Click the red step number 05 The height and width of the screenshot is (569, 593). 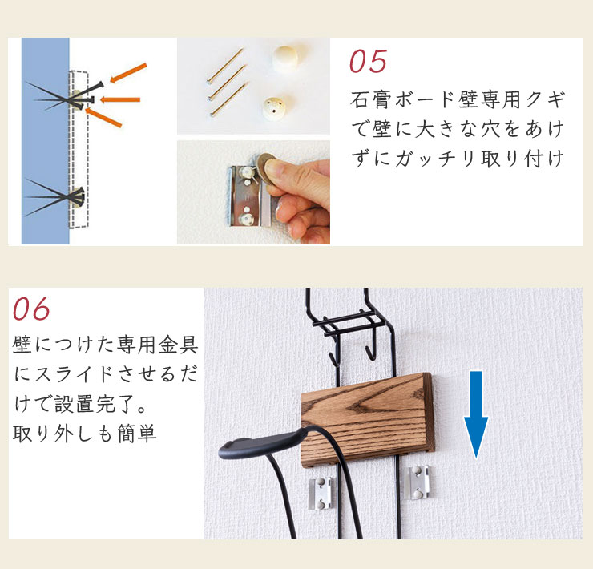tap(368, 61)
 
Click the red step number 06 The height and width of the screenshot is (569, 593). tap(31, 309)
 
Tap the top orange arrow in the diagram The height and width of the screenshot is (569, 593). tap(128, 73)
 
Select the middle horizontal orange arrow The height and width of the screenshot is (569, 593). tap(120, 100)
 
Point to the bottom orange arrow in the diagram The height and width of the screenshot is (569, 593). tap(103, 117)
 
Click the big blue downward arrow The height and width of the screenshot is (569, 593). tap(476, 414)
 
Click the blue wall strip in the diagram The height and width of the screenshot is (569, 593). tap(46, 141)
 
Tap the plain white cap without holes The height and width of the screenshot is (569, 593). tap(284, 58)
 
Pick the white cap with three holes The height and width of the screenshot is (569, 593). tap(275, 108)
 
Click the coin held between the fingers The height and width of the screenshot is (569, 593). tap(265, 168)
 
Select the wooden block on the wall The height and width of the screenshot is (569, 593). tap(367, 419)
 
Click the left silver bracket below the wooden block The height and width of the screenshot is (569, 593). tap(321, 493)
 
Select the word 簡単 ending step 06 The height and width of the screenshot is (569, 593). tap(137, 434)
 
